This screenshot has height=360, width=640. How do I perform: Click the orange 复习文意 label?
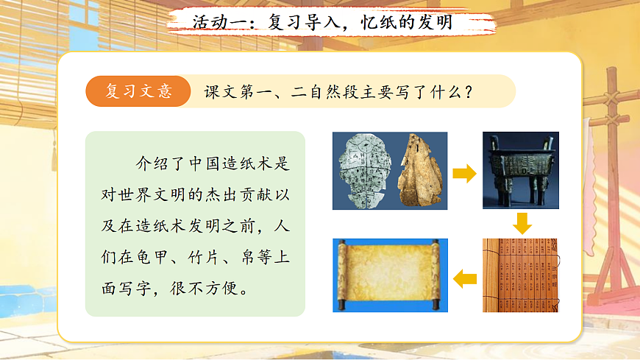tap(139, 91)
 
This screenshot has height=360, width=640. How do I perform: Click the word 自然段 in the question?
tap(325, 92)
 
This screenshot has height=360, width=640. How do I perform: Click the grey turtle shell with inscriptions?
tap(363, 171)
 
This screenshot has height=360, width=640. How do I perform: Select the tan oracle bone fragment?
tap(420, 171)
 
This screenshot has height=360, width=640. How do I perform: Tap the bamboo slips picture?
tap(522, 275)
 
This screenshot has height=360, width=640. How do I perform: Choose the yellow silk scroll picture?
tap(385, 275)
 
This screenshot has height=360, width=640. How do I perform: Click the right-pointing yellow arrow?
tap(463, 174)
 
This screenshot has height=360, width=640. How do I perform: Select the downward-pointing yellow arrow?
tap(522, 223)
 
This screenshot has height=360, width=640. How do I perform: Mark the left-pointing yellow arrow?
tap(465, 278)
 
